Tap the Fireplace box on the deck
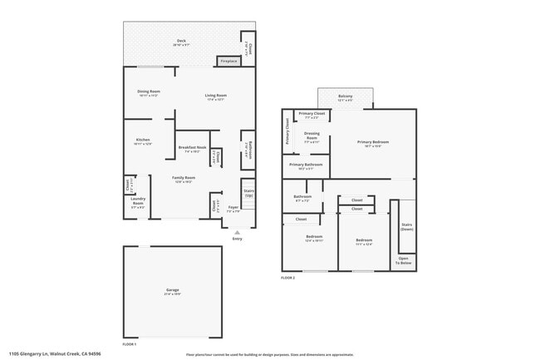tap(228, 61)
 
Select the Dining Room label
tap(149, 91)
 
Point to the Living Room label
tap(216, 96)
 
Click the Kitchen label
tap(143, 140)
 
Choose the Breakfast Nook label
tap(193, 148)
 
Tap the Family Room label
tap(184, 178)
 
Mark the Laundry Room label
tap(138, 202)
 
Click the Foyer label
tap(233, 207)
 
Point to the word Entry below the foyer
tap(238, 239)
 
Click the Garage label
tap(172, 290)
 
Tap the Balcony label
tap(345, 96)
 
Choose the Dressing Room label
tap(312, 134)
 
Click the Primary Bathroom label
tap(307, 165)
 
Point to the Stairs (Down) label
tap(407, 226)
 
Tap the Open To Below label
tap(403, 259)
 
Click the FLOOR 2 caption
tap(288, 277)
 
